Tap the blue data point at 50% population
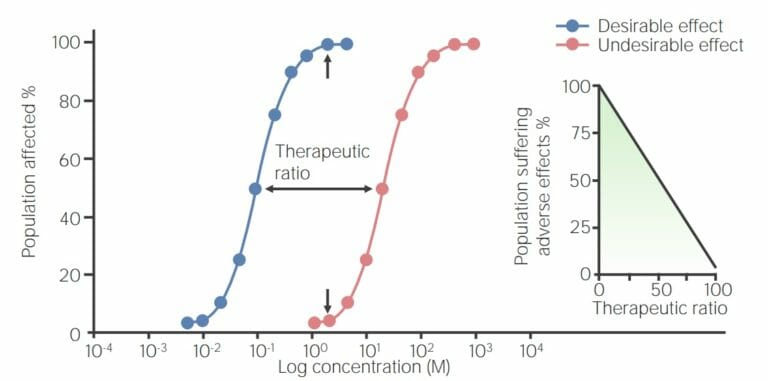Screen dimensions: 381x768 click(x=256, y=188)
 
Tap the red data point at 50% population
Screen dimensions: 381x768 click(x=382, y=188)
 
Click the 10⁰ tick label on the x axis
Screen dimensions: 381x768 click(x=313, y=350)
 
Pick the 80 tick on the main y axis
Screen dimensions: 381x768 click(x=67, y=101)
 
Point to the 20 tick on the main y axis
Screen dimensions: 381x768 click(x=67, y=275)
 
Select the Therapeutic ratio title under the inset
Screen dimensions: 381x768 click(x=658, y=309)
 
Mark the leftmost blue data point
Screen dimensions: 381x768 click(x=187, y=323)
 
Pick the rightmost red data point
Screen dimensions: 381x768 click(x=474, y=44)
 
